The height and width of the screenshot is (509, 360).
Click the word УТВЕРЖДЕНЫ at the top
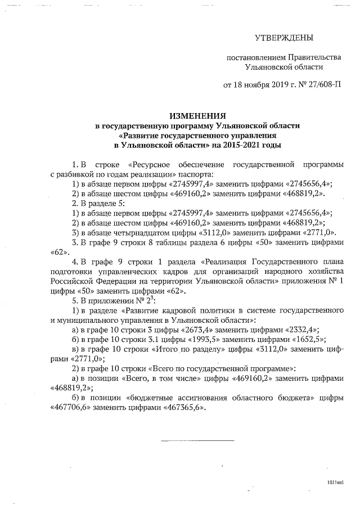tap(283, 38)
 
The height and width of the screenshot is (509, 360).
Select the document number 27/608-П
tap(321, 85)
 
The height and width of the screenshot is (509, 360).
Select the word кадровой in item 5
tap(177, 310)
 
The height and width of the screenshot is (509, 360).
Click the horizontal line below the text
tap(197, 440)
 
